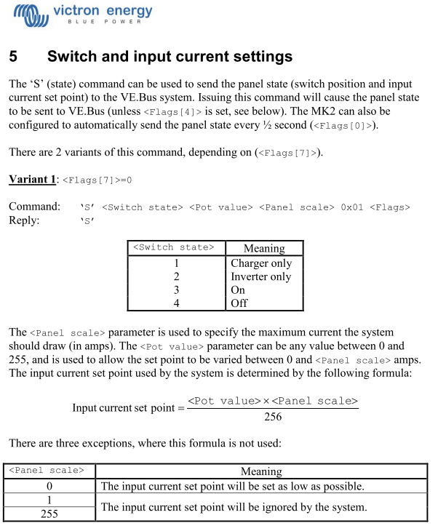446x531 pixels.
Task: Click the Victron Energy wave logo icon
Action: coord(31,12)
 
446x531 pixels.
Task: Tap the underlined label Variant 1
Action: coord(32,180)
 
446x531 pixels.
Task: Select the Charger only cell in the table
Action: coord(260,263)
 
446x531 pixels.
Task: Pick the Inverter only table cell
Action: coord(260,276)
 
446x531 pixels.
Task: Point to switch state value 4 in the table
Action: coord(176,303)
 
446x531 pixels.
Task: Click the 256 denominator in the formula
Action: coord(272,417)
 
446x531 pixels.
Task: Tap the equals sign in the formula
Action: coord(180,408)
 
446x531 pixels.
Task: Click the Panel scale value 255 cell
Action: coord(49,514)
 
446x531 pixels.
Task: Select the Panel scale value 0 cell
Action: coord(49,486)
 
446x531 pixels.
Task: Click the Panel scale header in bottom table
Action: coord(49,471)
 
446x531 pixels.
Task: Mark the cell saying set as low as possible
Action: coord(233,486)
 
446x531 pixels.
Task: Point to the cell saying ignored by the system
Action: coord(234,507)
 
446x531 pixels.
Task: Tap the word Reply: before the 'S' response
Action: coord(24,220)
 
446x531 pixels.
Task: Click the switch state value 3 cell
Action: coord(176,290)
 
